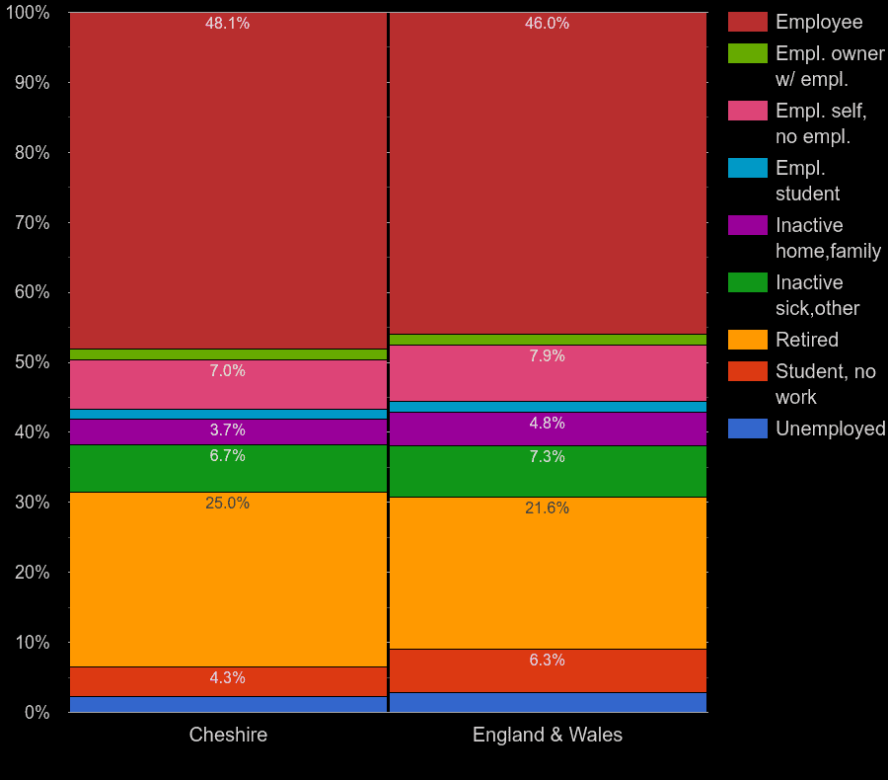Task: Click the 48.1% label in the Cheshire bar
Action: point(227,24)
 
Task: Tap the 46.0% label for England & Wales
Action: point(547,24)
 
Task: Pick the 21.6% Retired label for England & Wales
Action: point(547,508)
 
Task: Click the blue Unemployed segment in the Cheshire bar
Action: point(228,704)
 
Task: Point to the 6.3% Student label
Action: point(547,661)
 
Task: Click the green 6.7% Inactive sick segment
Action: point(228,468)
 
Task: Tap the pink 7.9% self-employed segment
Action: point(548,373)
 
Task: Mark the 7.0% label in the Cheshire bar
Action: point(227,371)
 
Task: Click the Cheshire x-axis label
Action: point(228,736)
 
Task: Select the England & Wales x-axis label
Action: point(548,736)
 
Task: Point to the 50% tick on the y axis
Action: point(32,362)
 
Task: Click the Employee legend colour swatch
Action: point(747,22)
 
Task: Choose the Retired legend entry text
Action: point(806,340)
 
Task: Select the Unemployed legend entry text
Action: point(830,429)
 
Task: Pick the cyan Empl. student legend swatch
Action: point(747,168)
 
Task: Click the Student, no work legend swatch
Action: point(747,371)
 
